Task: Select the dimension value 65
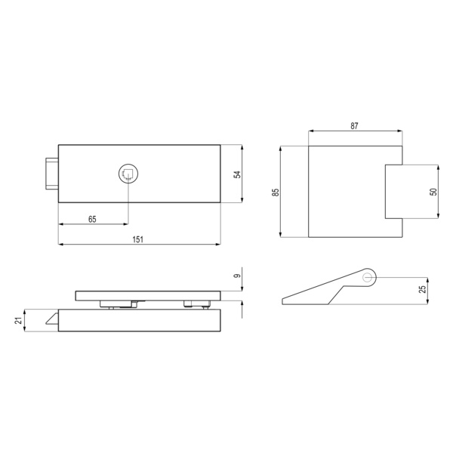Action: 91,219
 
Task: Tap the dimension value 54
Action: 236,174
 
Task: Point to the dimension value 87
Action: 354,127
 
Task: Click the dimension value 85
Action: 276,192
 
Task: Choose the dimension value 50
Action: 433,192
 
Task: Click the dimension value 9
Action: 236,278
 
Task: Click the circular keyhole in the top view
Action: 128,174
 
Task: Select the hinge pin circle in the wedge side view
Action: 367,277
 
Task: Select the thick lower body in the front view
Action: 140,320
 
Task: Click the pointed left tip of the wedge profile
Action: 284,301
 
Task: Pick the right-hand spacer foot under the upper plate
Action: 196,304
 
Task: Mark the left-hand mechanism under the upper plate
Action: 118,304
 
